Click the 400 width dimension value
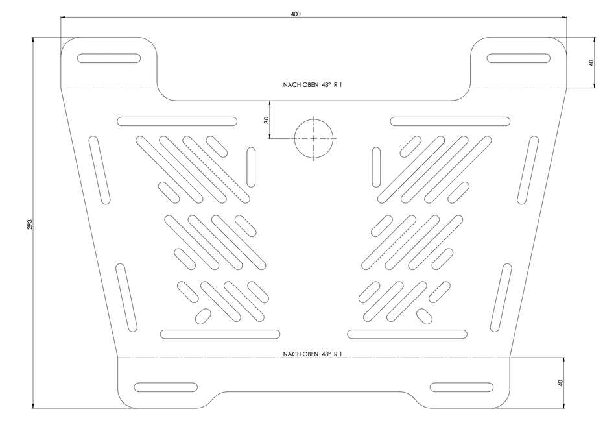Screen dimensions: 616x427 click(x=296, y=14)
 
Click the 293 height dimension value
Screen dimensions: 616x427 click(x=29, y=225)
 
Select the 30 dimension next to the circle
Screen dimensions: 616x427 click(x=267, y=120)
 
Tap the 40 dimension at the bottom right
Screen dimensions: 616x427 click(x=561, y=383)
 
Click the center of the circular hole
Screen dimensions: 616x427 click(x=313, y=138)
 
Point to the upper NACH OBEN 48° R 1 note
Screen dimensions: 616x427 click(x=313, y=84)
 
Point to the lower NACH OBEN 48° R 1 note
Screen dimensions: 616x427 click(x=313, y=354)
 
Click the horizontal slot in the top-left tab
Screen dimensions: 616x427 click(x=109, y=58)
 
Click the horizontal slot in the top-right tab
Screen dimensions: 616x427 click(x=519, y=58)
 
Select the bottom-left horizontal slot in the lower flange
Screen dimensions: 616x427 click(x=165, y=387)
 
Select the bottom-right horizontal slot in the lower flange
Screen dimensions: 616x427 click(x=462, y=387)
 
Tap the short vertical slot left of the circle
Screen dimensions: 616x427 click(x=251, y=167)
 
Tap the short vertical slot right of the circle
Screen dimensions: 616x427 click(x=376, y=167)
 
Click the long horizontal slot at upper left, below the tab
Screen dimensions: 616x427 click(x=177, y=121)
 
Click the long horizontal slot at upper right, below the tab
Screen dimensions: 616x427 click(x=450, y=121)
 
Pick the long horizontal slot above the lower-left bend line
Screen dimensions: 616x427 click(x=220, y=334)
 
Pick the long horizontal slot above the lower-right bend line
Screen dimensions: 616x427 click(x=407, y=334)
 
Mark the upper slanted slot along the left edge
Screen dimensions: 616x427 click(x=100, y=170)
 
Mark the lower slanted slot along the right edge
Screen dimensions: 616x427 click(x=501, y=298)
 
